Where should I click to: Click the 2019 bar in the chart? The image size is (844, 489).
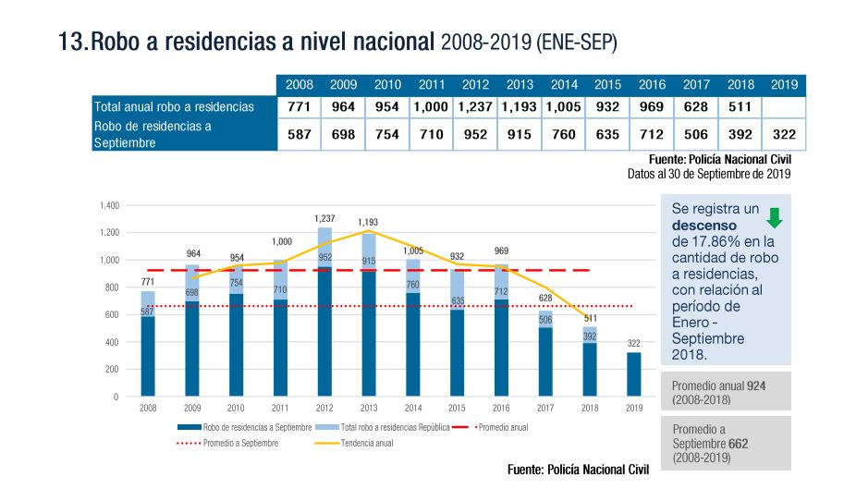pyautogui.click(x=633, y=373)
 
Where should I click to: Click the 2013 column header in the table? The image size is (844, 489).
pyautogui.click(x=520, y=85)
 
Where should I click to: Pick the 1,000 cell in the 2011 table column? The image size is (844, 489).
pyautogui.click(x=431, y=107)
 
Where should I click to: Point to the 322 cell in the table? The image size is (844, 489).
pyautogui.click(x=784, y=135)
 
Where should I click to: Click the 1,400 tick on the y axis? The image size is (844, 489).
pyautogui.click(x=110, y=205)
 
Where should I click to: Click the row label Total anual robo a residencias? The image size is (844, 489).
pyautogui.click(x=174, y=107)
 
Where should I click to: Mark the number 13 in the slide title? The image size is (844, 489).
pyautogui.click(x=70, y=42)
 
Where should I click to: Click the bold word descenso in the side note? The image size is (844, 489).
pyautogui.click(x=704, y=226)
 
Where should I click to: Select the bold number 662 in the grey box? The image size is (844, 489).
pyautogui.click(x=738, y=444)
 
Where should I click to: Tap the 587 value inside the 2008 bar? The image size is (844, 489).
pyautogui.click(x=148, y=312)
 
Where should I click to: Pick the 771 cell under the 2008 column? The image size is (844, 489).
pyautogui.click(x=299, y=107)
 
